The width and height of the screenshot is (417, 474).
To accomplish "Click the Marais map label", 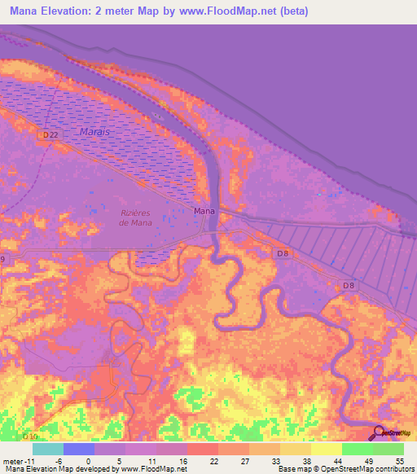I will coord(94,131).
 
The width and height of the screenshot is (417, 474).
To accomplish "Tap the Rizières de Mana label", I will coord(136,217).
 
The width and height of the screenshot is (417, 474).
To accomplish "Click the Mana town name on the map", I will coord(204,211).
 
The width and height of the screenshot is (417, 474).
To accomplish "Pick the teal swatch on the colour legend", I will coord(48,449).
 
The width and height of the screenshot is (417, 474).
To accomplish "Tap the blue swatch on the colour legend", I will coord(79,449).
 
